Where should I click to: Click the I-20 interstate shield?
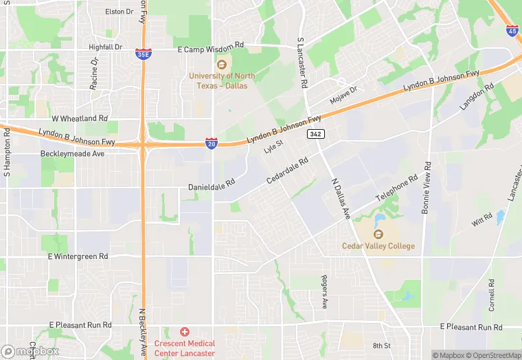[212, 143]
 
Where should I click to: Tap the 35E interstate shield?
[143, 53]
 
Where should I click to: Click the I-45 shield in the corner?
[512, 31]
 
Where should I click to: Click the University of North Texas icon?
[221, 65]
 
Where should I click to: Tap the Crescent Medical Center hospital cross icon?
[184, 333]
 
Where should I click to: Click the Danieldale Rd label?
[212, 187]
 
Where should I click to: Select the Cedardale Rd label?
[287, 170]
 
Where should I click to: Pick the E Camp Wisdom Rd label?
[211, 45]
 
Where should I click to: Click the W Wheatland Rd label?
[80, 118]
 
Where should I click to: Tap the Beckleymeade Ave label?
[72, 154]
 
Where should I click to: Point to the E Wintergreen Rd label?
[78, 256]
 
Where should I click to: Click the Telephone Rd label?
[397, 188]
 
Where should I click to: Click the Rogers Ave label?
[324, 291]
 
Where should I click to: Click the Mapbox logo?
[29, 351]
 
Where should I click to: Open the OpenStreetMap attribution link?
[492, 355]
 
